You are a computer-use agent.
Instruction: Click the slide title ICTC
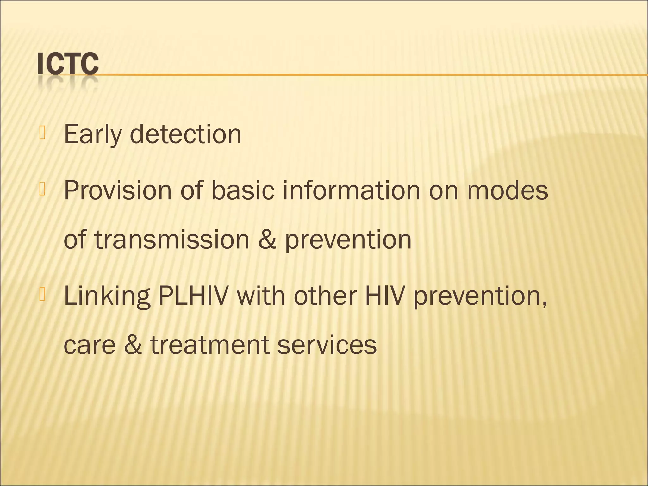point(68,64)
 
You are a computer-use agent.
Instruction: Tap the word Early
point(93,134)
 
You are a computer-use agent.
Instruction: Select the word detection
point(185,134)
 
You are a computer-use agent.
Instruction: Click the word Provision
point(118,191)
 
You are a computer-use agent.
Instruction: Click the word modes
point(508,191)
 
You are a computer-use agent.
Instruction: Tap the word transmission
point(172,240)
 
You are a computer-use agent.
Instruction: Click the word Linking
point(107,296)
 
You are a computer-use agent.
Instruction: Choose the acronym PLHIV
point(193,296)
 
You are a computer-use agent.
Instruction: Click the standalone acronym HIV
point(385,296)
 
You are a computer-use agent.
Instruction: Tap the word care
point(90,345)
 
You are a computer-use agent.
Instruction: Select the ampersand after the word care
point(133,345)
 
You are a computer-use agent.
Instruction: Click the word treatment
point(209,345)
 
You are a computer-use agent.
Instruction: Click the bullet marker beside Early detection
point(43,133)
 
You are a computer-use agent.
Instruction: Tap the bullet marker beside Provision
point(43,190)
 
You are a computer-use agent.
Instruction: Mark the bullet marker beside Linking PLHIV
point(43,295)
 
